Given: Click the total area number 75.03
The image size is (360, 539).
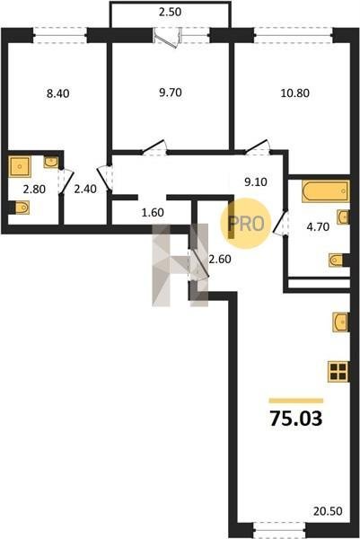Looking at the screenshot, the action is pyautogui.click(x=296, y=419).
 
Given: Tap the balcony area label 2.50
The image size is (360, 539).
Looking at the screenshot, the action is pyautogui.click(x=170, y=12).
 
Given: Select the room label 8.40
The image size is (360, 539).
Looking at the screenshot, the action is pyautogui.click(x=58, y=93).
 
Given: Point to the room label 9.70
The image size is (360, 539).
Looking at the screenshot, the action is pyautogui.click(x=171, y=93).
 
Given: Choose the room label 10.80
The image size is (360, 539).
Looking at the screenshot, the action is pyautogui.click(x=295, y=93).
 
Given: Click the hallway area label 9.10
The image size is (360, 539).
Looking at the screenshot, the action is pyautogui.click(x=256, y=181).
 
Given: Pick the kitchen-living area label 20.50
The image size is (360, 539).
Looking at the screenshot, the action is pyautogui.click(x=328, y=511).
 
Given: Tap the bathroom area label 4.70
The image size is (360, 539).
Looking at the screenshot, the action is pyautogui.click(x=318, y=226).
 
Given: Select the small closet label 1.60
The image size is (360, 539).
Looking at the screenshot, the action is pyautogui.click(x=153, y=212).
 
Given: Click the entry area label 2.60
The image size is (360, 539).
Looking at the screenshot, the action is pyautogui.click(x=220, y=259).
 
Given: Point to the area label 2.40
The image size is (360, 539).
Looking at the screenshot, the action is pyautogui.click(x=85, y=189).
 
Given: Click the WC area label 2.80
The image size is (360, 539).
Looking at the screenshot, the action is pyautogui.click(x=34, y=189).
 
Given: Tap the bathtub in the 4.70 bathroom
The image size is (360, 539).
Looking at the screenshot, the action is pyautogui.click(x=326, y=191).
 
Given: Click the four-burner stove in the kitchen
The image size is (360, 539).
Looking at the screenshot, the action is pyautogui.click(x=338, y=372).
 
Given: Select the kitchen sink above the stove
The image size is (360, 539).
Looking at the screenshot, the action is pyautogui.click(x=341, y=323).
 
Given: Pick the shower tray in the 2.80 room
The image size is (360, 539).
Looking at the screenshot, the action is pyautogui.click(x=20, y=167).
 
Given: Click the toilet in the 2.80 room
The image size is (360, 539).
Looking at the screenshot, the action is pyautogui.click(x=22, y=208).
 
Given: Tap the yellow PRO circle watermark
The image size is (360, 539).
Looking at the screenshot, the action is pyautogui.click(x=246, y=224).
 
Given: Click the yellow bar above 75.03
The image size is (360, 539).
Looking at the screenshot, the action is pyautogui.click(x=296, y=401).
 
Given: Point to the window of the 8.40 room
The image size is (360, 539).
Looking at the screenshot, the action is pyautogui.click(x=60, y=35).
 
